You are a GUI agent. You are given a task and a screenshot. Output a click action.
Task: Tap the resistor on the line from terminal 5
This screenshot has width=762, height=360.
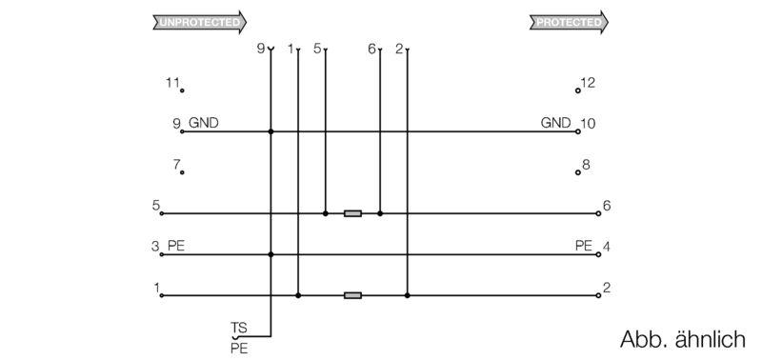[352, 213]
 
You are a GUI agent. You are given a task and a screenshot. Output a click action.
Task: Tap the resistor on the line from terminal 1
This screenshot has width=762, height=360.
[352, 295]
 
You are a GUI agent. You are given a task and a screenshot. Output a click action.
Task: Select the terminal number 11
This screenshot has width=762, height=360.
[171, 83]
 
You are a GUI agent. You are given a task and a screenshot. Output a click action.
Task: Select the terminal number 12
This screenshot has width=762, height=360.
[589, 83]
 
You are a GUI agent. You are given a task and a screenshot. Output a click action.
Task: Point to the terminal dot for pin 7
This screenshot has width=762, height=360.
[182, 173]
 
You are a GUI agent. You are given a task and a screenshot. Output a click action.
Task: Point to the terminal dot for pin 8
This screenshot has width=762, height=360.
[578, 173]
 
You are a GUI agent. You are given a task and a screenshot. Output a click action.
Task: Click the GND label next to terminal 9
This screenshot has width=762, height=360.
[204, 123]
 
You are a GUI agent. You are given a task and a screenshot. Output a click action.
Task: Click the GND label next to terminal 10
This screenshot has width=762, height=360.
[556, 123]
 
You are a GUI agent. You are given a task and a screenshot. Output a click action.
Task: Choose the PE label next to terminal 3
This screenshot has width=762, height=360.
[175, 247]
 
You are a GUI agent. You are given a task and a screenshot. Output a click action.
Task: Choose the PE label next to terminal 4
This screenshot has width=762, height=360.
[584, 247]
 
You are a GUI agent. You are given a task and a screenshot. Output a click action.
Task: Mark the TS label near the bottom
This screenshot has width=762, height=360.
[238, 327]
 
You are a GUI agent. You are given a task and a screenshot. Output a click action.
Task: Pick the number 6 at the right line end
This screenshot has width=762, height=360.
[607, 206]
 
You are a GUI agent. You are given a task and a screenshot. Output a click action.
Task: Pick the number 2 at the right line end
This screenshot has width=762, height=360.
[607, 288]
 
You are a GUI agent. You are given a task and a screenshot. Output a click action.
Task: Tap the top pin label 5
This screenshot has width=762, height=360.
[317, 48]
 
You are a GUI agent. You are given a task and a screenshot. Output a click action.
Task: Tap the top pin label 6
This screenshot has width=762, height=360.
[371, 48]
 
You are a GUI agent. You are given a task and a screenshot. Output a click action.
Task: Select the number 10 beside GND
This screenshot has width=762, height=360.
[588, 124]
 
